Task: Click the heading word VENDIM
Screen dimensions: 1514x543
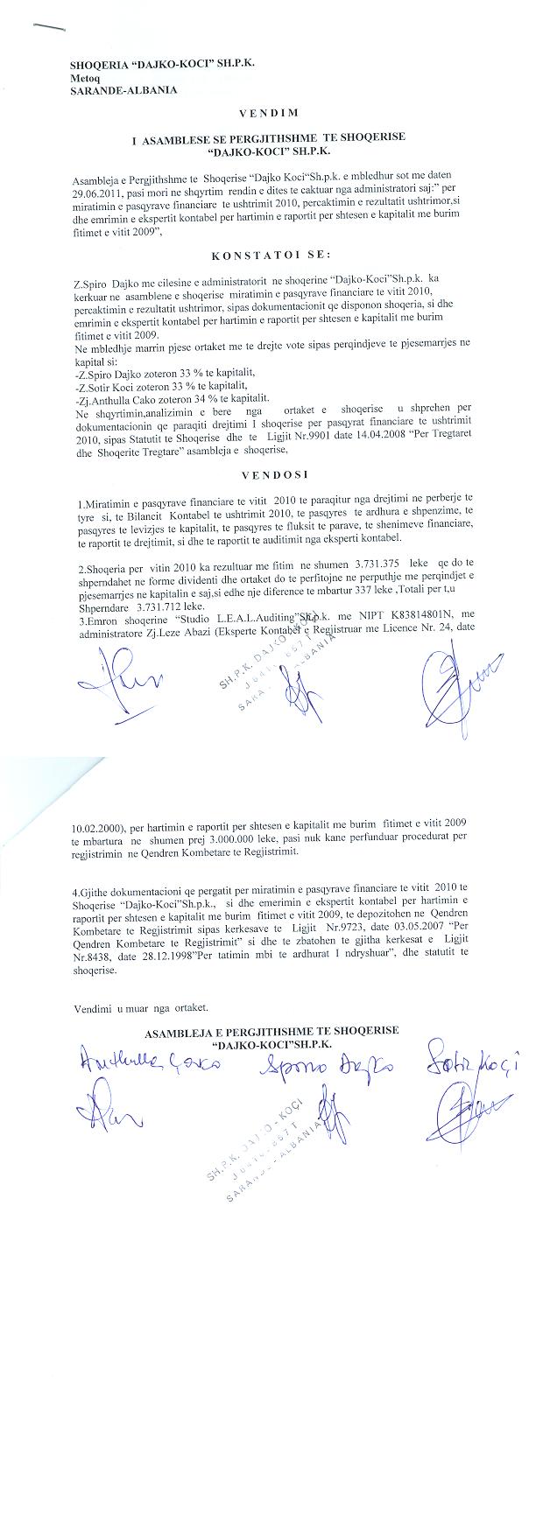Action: coord(269,113)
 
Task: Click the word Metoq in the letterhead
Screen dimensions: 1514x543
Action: coord(85,77)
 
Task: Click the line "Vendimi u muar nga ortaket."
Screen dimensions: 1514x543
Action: coord(140,1008)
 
